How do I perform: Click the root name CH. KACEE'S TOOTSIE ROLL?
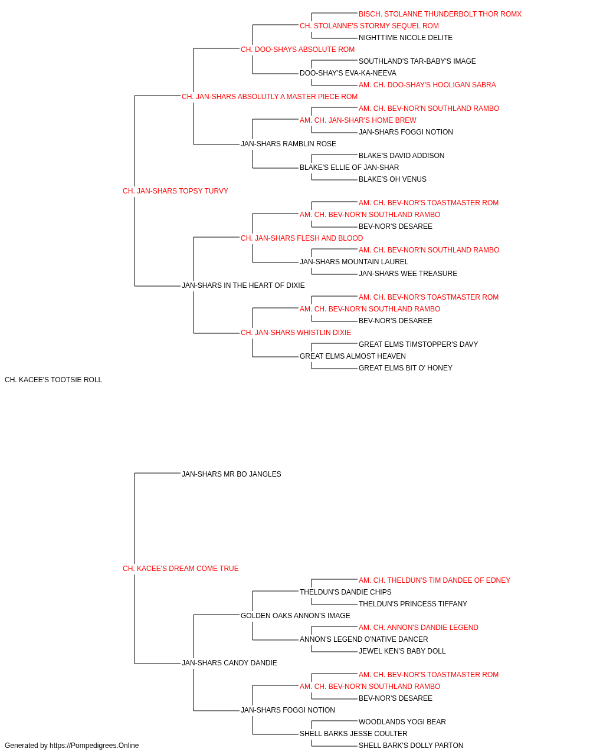53,380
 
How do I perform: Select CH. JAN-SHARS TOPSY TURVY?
175,191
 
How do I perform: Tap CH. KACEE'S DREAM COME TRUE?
181,569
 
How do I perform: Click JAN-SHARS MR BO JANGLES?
231,474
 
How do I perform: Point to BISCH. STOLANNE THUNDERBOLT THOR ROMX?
440,14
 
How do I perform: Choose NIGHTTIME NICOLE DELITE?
405,38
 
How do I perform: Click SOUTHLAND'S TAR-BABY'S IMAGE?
417,61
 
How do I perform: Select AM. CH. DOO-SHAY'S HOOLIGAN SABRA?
427,85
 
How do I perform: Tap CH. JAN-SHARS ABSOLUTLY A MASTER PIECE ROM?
270,97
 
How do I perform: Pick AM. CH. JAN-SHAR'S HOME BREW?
358,120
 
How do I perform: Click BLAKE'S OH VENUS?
392,179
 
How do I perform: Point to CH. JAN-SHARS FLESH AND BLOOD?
302,238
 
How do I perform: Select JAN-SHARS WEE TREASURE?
408,274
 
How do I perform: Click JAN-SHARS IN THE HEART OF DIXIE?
243,285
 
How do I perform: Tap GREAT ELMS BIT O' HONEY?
405,368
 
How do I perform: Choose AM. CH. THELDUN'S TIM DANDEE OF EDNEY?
434,580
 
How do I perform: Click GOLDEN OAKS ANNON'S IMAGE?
296,616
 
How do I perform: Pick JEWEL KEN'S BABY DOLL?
402,651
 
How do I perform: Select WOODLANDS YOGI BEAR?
402,722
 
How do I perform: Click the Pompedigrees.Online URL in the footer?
94,746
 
